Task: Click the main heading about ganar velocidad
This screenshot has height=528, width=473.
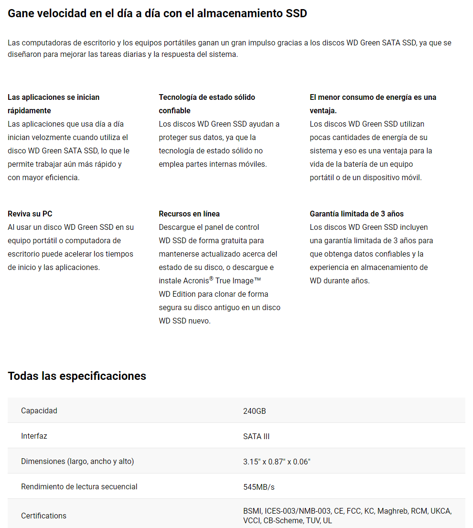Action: tap(157, 13)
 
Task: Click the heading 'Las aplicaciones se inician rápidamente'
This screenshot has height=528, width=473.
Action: tap(54, 104)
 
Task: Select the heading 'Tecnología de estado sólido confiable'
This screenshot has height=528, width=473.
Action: tap(207, 104)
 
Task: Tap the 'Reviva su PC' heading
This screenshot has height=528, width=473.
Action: tap(30, 214)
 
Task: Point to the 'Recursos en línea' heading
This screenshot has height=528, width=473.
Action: tap(189, 214)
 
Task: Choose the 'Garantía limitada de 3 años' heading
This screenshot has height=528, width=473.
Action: tap(356, 214)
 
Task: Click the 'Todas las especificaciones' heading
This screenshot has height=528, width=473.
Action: tap(77, 376)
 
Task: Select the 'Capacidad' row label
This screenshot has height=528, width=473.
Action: tap(39, 410)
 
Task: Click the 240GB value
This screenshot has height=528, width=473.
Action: tap(255, 411)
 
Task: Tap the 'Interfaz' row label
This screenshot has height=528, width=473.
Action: tap(34, 436)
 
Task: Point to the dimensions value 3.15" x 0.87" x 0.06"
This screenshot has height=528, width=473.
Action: tap(277, 462)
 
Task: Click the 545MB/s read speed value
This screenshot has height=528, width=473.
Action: tap(259, 487)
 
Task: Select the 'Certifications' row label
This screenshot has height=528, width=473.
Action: tap(44, 516)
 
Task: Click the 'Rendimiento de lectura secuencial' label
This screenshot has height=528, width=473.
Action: tap(79, 486)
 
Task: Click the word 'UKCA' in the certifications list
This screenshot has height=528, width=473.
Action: tap(441, 511)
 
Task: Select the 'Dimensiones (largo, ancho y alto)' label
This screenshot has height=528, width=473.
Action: tap(77, 461)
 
